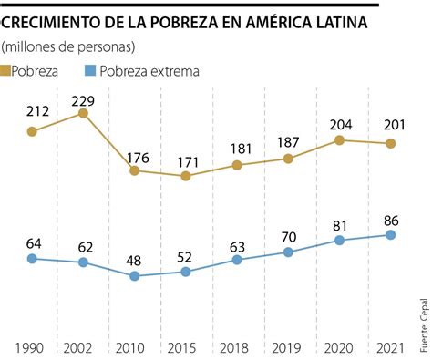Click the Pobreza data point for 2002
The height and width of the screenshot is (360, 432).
click(x=83, y=114)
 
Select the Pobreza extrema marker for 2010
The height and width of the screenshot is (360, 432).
click(x=134, y=276)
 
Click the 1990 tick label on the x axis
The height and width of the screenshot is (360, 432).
click(x=32, y=347)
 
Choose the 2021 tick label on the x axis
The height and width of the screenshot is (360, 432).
click(x=390, y=347)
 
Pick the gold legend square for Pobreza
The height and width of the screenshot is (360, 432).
click(x=8, y=69)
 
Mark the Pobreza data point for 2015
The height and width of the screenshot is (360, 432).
click(x=186, y=176)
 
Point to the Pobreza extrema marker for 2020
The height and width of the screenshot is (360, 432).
click(x=339, y=241)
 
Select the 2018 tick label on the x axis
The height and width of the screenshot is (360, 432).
click(x=237, y=347)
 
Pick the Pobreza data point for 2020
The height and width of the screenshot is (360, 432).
click(x=339, y=140)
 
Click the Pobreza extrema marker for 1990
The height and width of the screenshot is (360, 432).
click(x=32, y=259)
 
